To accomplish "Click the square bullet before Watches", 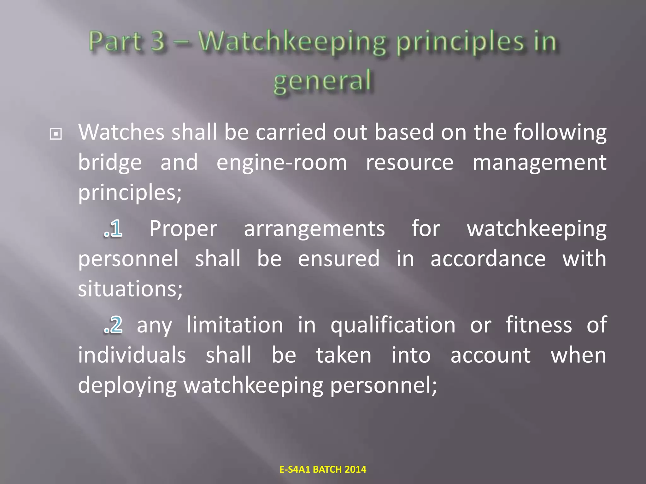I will [56, 135].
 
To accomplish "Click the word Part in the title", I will [115, 42].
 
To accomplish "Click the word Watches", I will [121, 132].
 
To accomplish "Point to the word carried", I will [291, 132].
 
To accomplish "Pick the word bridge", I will [110, 163].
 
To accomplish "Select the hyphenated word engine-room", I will [282, 163].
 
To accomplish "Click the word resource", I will [409, 163].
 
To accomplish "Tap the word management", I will [539, 163].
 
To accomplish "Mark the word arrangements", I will [314, 229].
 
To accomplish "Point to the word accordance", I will [488, 259].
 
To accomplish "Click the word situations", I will [130, 289].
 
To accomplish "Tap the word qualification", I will [393, 326].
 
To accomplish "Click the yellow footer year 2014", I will [355, 470].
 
